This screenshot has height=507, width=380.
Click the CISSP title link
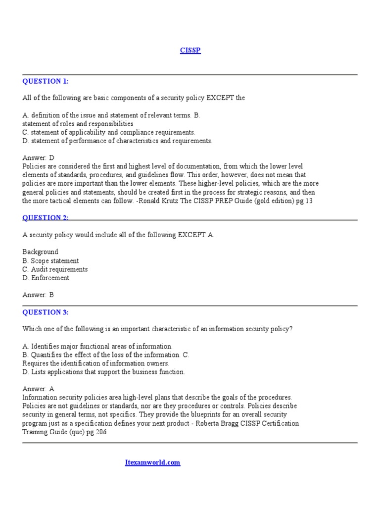coord(190,51)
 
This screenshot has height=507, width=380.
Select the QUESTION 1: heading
coord(46,81)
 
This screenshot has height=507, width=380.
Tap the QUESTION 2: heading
coord(46,218)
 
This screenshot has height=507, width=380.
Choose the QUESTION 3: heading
coord(46,312)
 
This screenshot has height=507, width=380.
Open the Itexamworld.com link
coord(152,462)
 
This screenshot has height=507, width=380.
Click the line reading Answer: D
coord(38,157)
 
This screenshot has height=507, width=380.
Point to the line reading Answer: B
coord(38,295)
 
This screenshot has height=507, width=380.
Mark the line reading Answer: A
coord(38,389)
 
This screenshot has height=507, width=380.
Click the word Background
coord(40,252)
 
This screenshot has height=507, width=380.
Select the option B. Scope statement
coord(50,261)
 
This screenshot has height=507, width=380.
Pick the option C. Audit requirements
coord(55,269)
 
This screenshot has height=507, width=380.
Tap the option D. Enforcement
coord(46,278)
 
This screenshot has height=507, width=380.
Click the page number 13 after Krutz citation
coord(309,201)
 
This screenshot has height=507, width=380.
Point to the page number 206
coord(100,432)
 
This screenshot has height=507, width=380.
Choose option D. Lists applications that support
coord(103,372)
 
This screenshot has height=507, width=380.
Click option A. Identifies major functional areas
coord(97,346)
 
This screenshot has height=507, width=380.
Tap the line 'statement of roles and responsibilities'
coord(78,124)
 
